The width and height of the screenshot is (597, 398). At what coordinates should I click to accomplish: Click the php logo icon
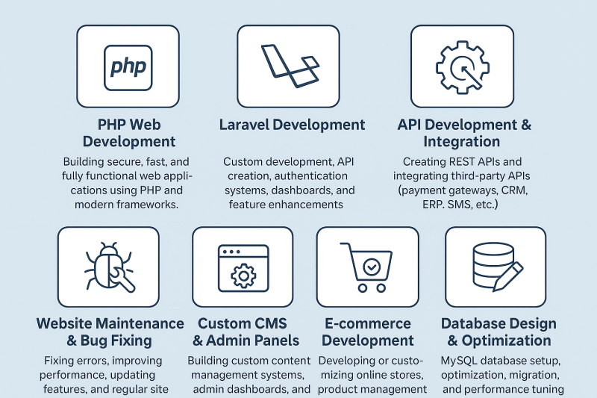(128, 68)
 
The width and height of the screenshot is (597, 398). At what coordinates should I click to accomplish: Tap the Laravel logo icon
(290, 66)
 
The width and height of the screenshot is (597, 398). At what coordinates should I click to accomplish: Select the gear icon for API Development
(463, 67)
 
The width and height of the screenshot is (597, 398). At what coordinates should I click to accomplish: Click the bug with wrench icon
(109, 267)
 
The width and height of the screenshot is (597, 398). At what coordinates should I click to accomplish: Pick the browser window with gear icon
(243, 268)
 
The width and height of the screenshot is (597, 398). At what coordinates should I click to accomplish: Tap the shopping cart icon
(366, 267)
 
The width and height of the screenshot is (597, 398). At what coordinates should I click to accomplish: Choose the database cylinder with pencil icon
(498, 267)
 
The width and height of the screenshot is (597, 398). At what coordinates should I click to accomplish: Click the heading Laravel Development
(292, 125)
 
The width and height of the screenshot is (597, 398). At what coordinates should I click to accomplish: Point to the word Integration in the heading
(461, 142)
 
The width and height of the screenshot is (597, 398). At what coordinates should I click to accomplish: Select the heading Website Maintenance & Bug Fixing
(110, 332)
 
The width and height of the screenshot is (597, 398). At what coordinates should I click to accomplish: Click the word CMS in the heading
(268, 324)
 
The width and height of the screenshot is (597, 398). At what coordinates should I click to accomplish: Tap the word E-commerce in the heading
(368, 324)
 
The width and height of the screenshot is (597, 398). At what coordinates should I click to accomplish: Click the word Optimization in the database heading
(507, 341)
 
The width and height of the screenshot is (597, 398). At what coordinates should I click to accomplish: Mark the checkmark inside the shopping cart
(372, 267)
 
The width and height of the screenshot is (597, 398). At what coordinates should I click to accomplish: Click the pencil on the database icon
(508, 277)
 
